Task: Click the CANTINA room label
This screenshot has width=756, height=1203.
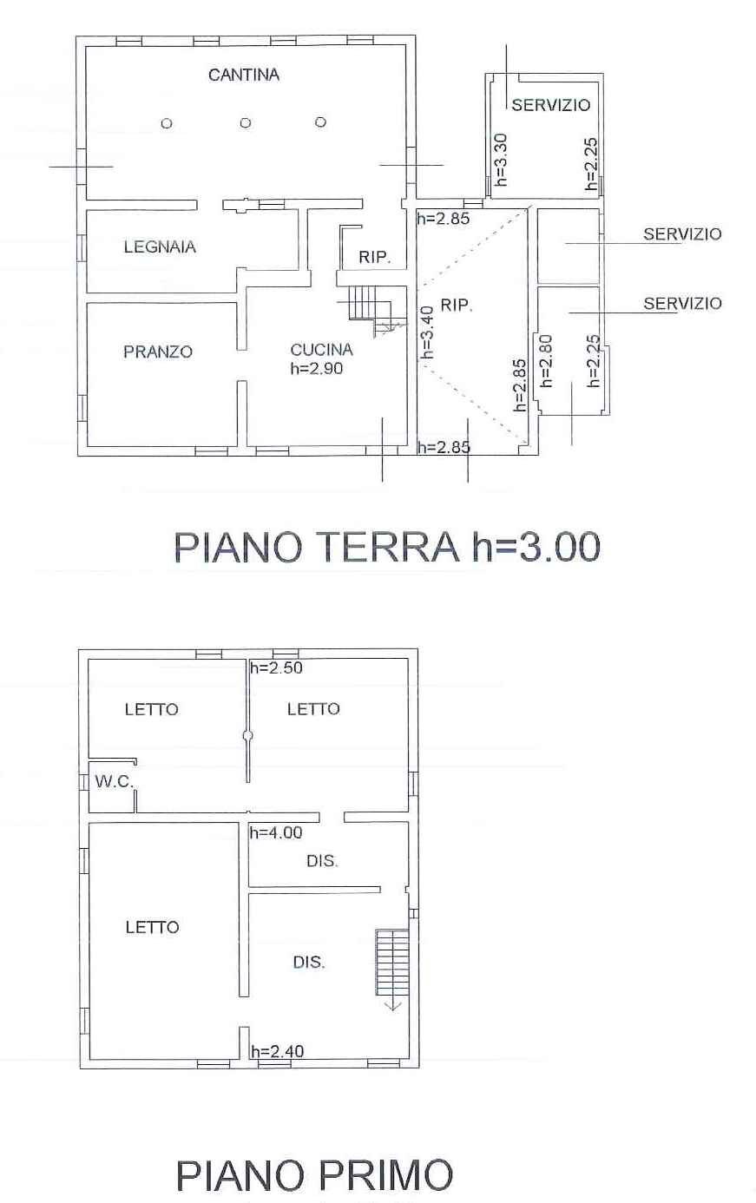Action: (244, 75)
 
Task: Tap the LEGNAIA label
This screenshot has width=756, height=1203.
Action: (160, 247)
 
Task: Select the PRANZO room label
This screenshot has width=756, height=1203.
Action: (158, 352)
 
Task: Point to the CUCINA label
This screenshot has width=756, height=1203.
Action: (322, 350)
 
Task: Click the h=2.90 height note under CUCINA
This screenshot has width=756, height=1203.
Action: (317, 368)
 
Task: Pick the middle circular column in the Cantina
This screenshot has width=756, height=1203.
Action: (246, 123)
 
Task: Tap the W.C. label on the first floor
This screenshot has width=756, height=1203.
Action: (115, 781)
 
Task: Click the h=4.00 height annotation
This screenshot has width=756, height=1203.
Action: (276, 832)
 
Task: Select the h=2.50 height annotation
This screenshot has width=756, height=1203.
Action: (277, 667)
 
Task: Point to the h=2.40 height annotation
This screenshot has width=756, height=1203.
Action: (278, 1051)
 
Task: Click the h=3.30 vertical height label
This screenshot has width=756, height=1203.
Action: (500, 160)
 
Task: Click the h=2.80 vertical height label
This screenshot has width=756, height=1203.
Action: (546, 361)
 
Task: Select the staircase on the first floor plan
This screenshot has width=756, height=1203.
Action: (392, 963)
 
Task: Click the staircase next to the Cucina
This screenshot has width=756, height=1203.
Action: (371, 310)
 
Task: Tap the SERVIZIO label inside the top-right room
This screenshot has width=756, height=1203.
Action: (551, 105)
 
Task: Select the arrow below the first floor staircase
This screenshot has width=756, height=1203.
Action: (392, 1002)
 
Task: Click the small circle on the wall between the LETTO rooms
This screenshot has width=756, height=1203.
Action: (247, 735)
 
